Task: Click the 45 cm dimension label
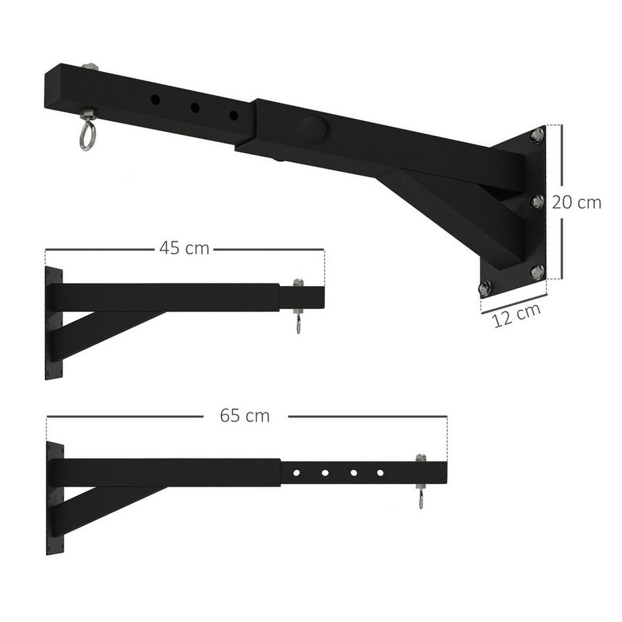pos(185,248)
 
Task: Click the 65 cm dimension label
pos(245,416)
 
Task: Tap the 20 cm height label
pos(576,202)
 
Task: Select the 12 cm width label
pos(517,314)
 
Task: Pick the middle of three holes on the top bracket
pos(195,107)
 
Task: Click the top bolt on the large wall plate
pos(537,135)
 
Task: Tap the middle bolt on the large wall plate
pos(537,201)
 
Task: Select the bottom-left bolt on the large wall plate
pos(485,288)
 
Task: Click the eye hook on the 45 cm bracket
pos(297,323)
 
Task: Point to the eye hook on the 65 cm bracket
pos(421,499)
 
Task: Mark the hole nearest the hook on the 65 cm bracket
pos(380,473)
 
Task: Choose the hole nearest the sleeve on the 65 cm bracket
pos(296,473)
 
